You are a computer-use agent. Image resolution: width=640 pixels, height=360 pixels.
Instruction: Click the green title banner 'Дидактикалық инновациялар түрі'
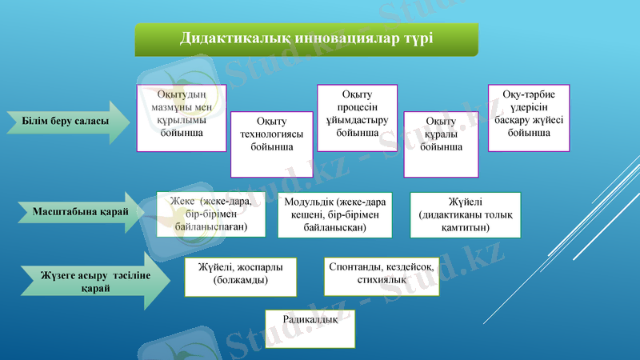coord(306,38)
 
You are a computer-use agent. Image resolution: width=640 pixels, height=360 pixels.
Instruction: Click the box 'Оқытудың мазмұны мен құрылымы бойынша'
coord(181,118)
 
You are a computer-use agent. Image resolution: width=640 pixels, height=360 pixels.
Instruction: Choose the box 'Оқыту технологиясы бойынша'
coord(271,143)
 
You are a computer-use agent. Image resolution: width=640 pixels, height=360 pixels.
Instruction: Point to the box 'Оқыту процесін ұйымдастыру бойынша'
coord(358,118)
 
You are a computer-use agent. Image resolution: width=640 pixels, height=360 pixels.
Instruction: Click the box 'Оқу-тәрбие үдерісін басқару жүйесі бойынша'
coord(529,118)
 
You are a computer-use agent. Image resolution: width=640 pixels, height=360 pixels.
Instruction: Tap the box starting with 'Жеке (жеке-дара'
coord(210,215)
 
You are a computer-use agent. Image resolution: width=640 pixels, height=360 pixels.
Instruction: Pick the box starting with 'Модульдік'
coord(334,215)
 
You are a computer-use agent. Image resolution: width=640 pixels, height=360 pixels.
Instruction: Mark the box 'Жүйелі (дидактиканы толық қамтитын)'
coord(465,215)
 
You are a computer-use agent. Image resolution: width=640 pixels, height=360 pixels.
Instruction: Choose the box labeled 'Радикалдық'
coord(310,329)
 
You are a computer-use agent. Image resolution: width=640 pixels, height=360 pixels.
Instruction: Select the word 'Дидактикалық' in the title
coord(226,38)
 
